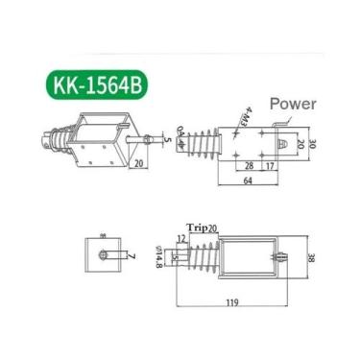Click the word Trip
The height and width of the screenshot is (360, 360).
click(197, 227)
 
